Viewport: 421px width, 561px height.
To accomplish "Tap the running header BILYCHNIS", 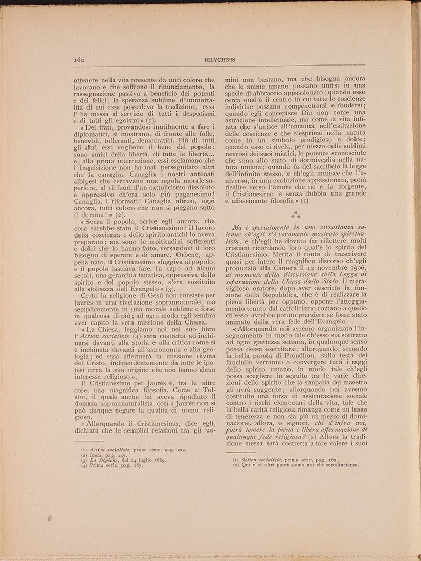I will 220,59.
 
